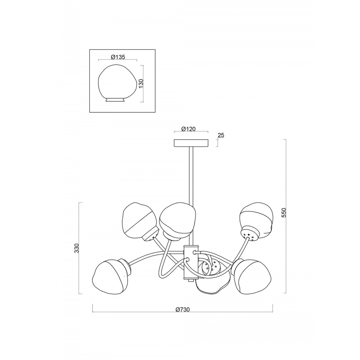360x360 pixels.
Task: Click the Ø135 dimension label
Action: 118,57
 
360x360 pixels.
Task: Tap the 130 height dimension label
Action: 141,84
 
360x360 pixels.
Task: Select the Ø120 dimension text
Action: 188,129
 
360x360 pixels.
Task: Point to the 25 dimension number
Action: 221,135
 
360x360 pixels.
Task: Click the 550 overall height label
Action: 284,213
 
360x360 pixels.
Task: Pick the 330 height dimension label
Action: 77,248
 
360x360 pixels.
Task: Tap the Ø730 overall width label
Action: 183,310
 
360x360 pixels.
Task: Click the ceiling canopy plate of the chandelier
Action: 191,143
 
